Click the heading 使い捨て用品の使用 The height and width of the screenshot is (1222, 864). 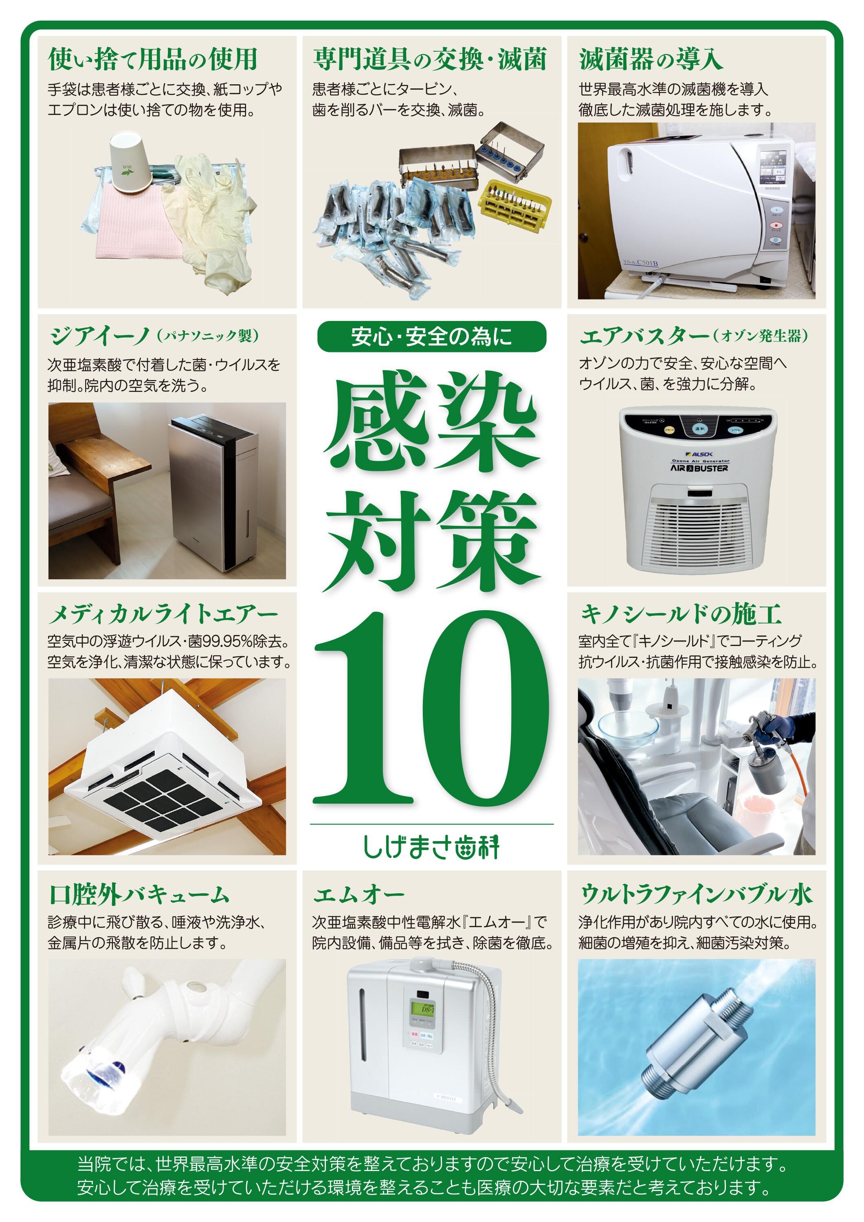coord(153,59)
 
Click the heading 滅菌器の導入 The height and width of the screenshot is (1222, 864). coord(651,59)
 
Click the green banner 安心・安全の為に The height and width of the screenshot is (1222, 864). coord(431,336)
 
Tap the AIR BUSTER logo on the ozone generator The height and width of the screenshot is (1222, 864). coord(699,468)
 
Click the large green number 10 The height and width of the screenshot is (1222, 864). coord(431,712)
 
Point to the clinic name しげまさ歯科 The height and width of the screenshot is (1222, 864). coord(431,847)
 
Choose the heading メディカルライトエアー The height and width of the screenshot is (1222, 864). coord(163,615)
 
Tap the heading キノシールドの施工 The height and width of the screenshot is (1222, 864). coord(680,614)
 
